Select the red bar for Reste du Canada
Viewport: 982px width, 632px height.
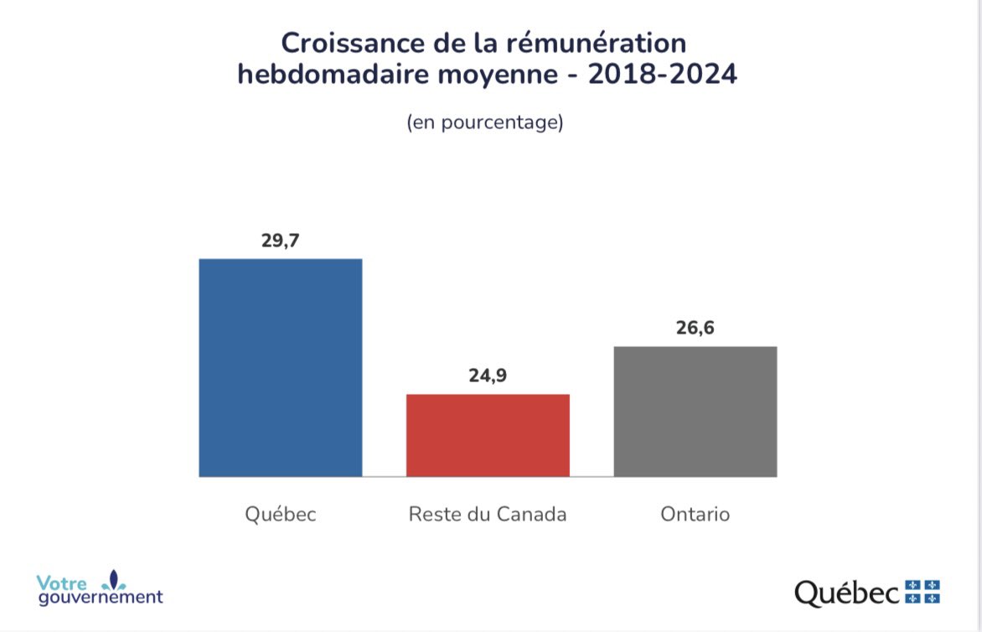coord(488,435)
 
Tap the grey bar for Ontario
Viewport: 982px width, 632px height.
coord(695,412)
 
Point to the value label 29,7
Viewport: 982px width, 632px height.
coord(280,241)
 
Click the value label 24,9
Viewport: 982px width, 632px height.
coord(488,376)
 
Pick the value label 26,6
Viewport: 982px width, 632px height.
coord(695,328)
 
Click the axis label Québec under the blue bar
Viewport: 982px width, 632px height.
coord(280,514)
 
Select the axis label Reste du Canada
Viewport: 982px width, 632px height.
coord(488,514)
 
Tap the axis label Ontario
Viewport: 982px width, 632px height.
coord(695,514)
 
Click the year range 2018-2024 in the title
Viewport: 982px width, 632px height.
coord(662,75)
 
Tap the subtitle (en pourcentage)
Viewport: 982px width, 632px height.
coord(484,122)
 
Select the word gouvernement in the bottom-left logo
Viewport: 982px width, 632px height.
coord(100,598)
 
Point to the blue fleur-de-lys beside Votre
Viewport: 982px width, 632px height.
coord(115,579)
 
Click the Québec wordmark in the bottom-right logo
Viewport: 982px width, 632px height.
coord(847,593)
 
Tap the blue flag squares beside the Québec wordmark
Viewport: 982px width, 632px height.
coord(923,590)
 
